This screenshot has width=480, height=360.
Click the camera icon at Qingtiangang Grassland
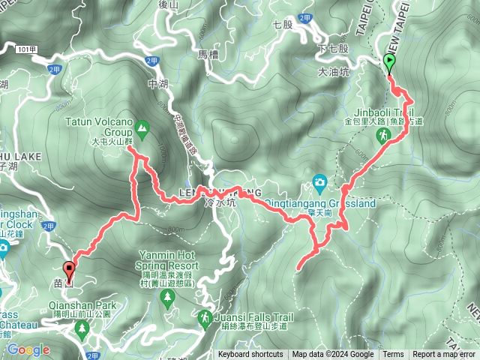point(320,181)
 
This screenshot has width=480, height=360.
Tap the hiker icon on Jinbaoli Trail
point(383,135)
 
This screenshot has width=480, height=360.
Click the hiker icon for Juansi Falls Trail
point(204,321)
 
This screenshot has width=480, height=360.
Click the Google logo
point(28,349)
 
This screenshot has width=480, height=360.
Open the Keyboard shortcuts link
point(250,355)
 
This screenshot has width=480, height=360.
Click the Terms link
point(393,355)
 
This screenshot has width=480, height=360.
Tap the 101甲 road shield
point(25,49)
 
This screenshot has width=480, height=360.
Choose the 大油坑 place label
point(334,73)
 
